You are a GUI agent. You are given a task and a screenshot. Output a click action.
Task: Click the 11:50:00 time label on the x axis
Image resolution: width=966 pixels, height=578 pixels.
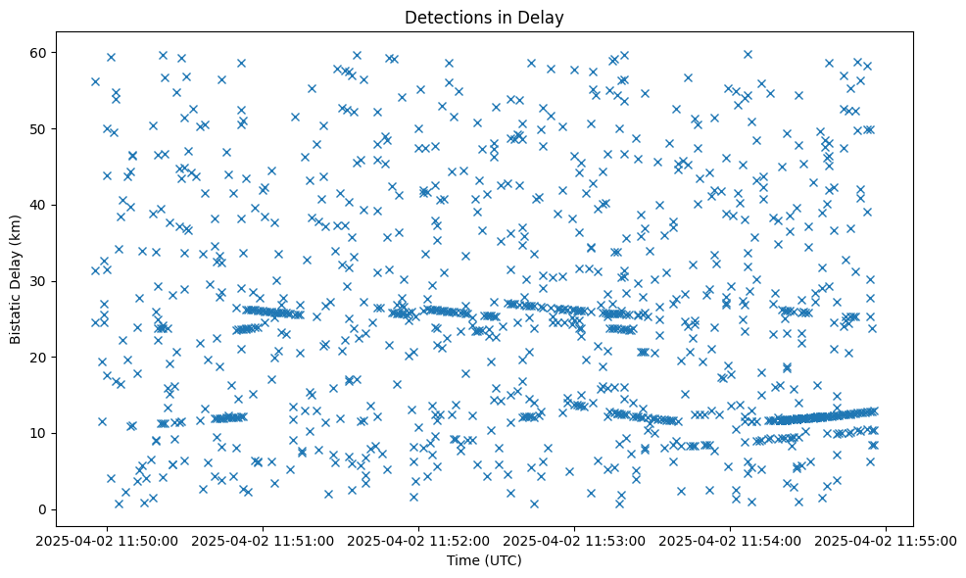coord(109,540)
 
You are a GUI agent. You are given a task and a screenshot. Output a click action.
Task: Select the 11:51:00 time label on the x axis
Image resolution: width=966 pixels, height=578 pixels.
coord(265,540)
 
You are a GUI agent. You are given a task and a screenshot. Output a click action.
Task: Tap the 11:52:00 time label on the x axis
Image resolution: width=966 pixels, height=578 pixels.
coord(420,540)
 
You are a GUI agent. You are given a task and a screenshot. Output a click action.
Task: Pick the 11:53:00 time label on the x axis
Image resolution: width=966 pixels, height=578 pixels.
coord(575,540)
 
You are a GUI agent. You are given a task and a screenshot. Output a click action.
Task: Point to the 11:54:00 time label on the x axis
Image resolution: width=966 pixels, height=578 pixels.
coord(731,540)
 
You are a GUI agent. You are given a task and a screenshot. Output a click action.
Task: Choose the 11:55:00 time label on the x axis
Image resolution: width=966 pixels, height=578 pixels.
coord(887,540)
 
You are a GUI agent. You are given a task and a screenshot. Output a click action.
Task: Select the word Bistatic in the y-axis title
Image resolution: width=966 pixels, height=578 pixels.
coord(16,315)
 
